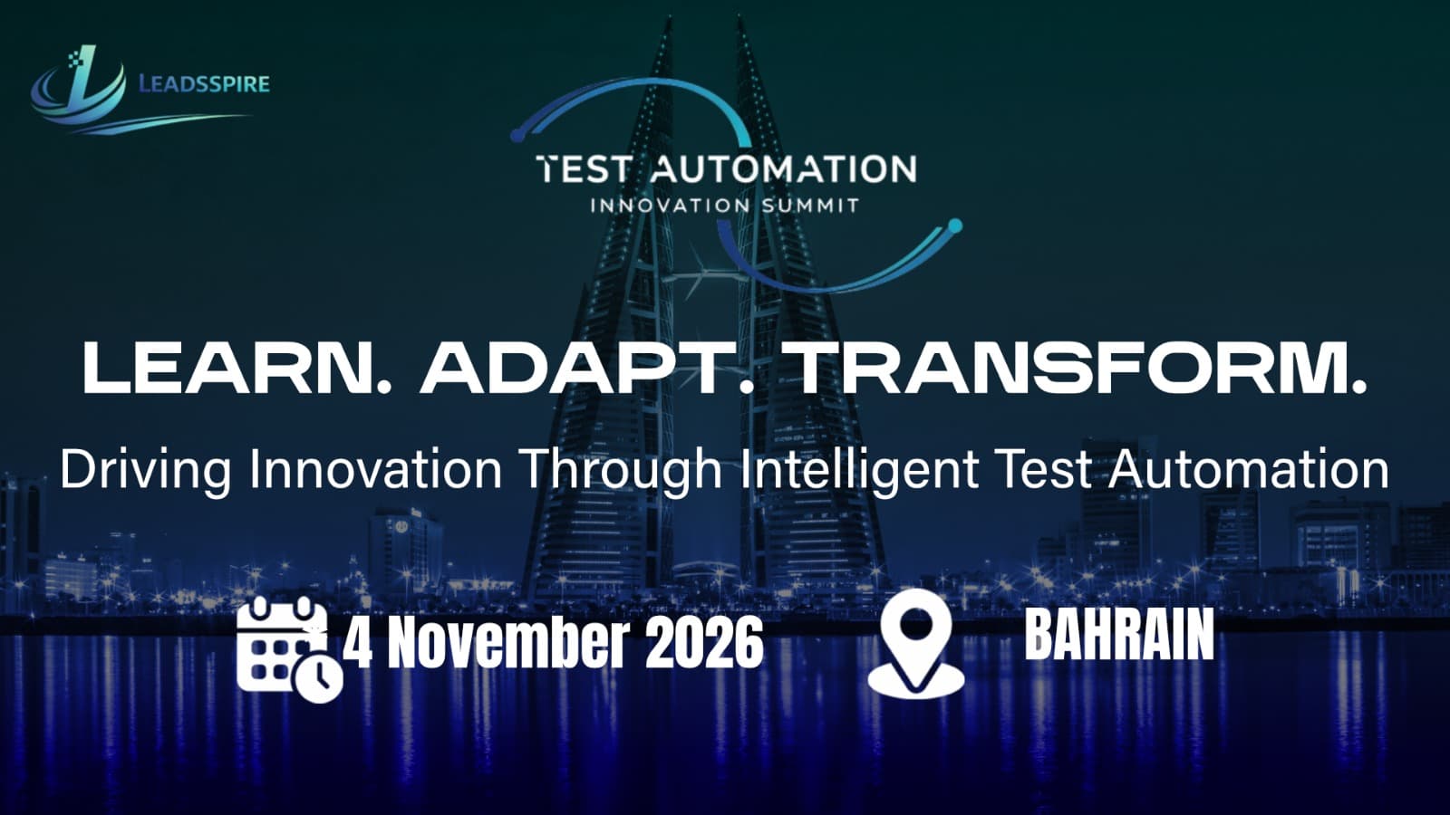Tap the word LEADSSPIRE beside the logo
point(204,84)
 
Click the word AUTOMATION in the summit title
point(784,169)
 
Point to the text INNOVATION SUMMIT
point(724,206)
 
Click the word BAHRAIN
point(1119,635)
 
